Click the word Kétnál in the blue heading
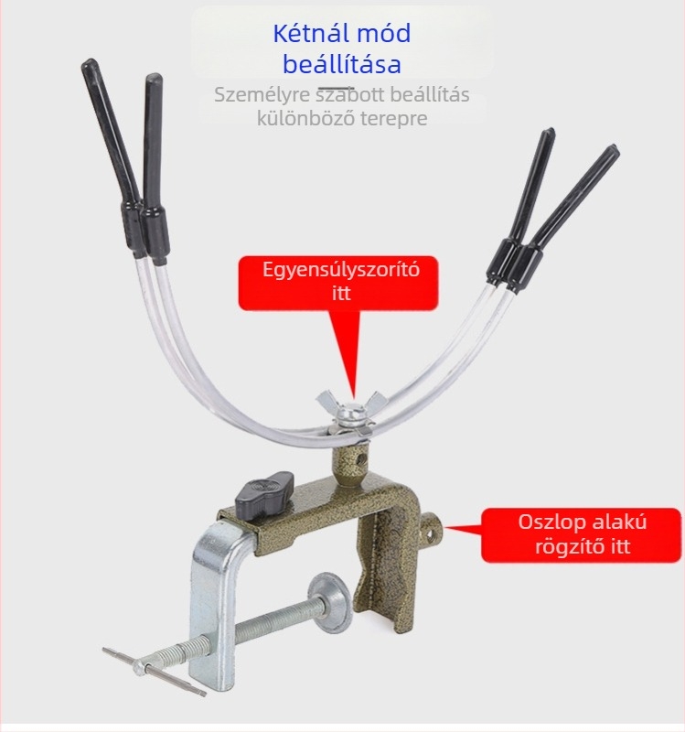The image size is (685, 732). click(x=310, y=33)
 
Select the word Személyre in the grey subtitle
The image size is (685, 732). click(x=262, y=95)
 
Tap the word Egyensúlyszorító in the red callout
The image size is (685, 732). click(x=341, y=269)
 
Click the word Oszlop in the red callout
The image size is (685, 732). click(x=547, y=522)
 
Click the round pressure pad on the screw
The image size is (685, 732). click(x=331, y=601)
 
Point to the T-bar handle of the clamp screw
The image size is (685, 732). click(x=154, y=672)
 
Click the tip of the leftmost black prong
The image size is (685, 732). click(x=88, y=62)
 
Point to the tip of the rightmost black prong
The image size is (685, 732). click(x=614, y=149)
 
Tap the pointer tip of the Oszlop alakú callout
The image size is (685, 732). click(x=444, y=528)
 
